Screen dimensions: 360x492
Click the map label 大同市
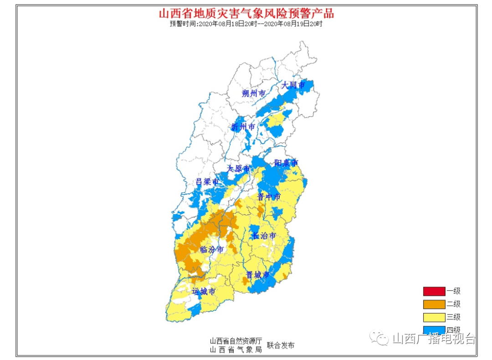(x=292, y=85)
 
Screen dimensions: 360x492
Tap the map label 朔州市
(x=253, y=93)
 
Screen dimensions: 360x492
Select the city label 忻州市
(x=243, y=127)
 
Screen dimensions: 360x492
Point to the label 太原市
(x=239, y=169)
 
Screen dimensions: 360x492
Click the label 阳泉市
(x=286, y=163)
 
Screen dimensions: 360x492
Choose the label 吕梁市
(x=207, y=181)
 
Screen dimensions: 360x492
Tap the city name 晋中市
(x=269, y=196)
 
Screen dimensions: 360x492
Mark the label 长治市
(x=264, y=236)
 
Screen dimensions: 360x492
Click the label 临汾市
(x=212, y=249)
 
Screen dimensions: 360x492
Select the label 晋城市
(x=258, y=275)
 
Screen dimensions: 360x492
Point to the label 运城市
(x=203, y=291)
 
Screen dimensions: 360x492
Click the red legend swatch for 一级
(x=434, y=291)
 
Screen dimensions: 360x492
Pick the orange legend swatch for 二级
(x=434, y=304)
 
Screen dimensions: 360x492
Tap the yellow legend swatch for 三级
(x=434, y=317)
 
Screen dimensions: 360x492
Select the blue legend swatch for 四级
(x=434, y=330)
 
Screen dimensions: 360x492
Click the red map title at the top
(x=246, y=13)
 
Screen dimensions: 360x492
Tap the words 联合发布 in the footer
(x=281, y=345)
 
